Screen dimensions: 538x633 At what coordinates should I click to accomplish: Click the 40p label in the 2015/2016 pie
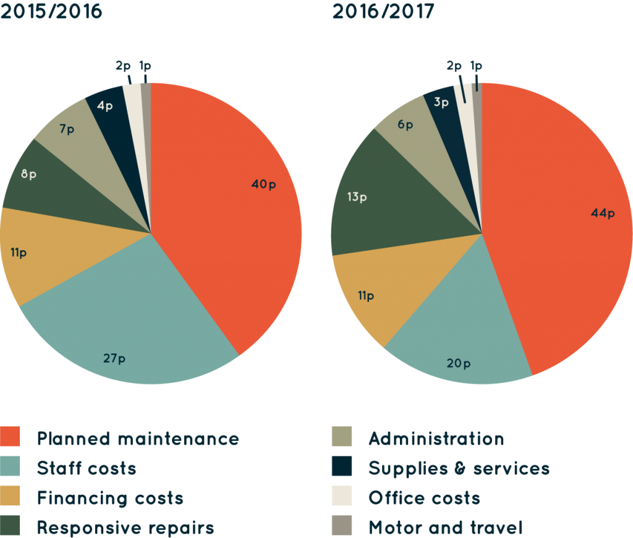pyautogui.click(x=263, y=184)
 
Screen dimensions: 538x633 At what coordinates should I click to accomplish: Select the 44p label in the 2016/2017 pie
pyautogui.click(x=603, y=214)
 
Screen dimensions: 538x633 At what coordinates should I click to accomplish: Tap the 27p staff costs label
pyautogui.click(x=114, y=359)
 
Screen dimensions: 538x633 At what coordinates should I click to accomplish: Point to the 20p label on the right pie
pyautogui.click(x=458, y=363)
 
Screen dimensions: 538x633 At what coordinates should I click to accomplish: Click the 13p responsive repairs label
pyautogui.click(x=357, y=198)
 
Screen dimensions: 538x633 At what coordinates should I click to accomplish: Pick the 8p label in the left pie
pyautogui.click(x=28, y=174)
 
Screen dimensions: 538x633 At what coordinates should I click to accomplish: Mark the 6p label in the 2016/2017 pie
pyautogui.click(x=406, y=125)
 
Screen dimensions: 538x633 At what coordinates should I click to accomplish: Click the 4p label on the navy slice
pyautogui.click(x=104, y=106)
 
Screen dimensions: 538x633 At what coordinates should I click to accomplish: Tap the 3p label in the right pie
pyautogui.click(x=441, y=103)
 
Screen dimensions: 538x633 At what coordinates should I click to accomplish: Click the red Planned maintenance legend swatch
pyautogui.click(x=11, y=437)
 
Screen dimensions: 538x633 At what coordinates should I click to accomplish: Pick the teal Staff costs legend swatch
pyautogui.click(x=11, y=467)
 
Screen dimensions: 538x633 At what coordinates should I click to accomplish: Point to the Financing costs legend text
pyautogui.click(x=110, y=497)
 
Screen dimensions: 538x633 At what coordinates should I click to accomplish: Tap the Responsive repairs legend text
pyautogui.click(x=125, y=527)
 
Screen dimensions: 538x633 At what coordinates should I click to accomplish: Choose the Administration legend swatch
pyautogui.click(x=342, y=437)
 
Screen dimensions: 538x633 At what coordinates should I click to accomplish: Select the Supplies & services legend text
pyautogui.click(x=459, y=468)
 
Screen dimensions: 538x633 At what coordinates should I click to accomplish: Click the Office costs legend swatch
pyautogui.click(x=342, y=497)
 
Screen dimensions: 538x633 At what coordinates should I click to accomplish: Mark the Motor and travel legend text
pyautogui.click(x=445, y=527)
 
